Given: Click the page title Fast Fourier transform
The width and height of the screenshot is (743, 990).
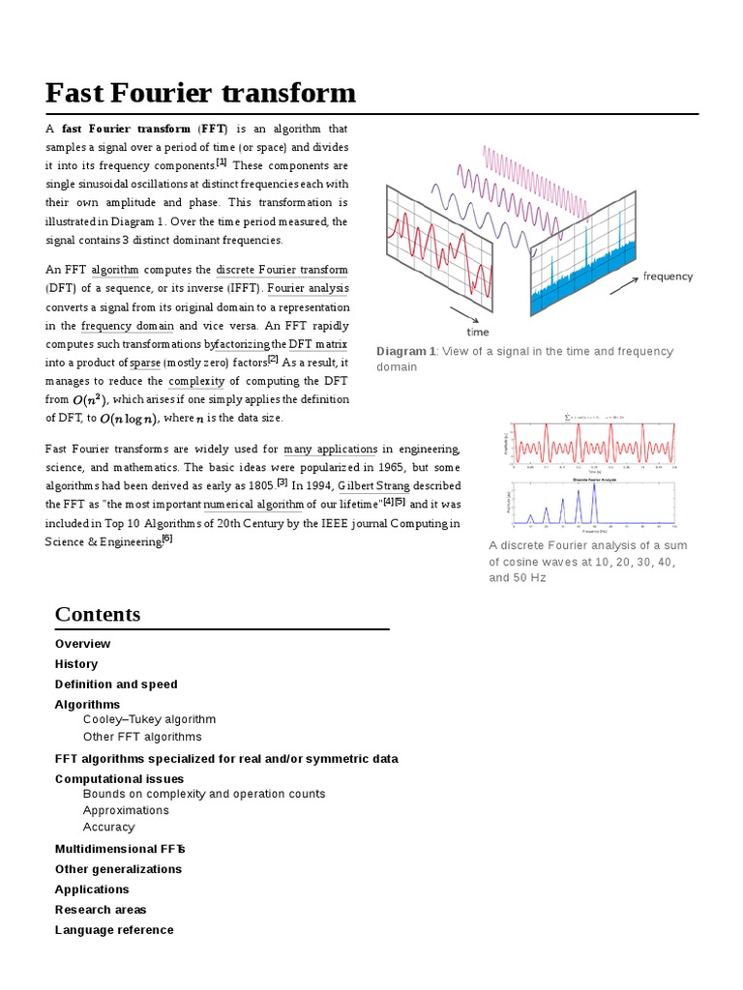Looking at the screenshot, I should (x=200, y=93).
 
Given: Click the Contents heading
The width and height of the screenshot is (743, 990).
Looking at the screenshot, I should (x=98, y=614).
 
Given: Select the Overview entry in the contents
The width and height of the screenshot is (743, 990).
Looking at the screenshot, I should (x=82, y=644).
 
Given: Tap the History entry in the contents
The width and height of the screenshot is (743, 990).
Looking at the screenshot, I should (x=76, y=664).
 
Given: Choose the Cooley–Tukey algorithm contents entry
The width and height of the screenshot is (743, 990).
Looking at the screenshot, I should (x=149, y=719).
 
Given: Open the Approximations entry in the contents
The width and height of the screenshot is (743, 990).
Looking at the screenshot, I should (x=126, y=810).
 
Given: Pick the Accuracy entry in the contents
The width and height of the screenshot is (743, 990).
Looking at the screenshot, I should (x=108, y=827).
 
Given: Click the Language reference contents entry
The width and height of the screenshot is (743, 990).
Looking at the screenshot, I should (x=114, y=930).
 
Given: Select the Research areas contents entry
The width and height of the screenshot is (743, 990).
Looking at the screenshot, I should (x=101, y=910).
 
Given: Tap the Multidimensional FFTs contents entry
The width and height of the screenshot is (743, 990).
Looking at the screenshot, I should (x=120, y=849).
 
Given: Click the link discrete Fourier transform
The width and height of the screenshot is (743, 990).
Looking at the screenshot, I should (x=282, y=270).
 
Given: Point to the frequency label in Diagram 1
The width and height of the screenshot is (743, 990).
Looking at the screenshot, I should (x=668, y=277).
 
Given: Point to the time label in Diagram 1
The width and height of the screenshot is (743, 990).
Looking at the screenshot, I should (x=478, y=332).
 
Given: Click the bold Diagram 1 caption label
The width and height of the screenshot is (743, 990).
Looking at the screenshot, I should (x=406, y=351).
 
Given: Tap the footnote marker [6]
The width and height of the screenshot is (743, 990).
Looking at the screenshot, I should (x=167, y=539).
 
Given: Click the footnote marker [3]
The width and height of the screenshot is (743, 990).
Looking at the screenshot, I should (x=282, y=481).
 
